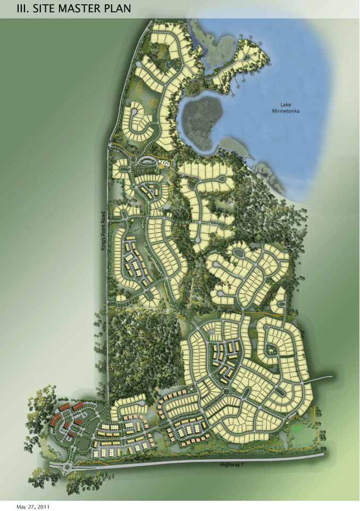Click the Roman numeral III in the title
tap(22, 9)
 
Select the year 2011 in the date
tap(44, 507)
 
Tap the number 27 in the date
tap(32, 507)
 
